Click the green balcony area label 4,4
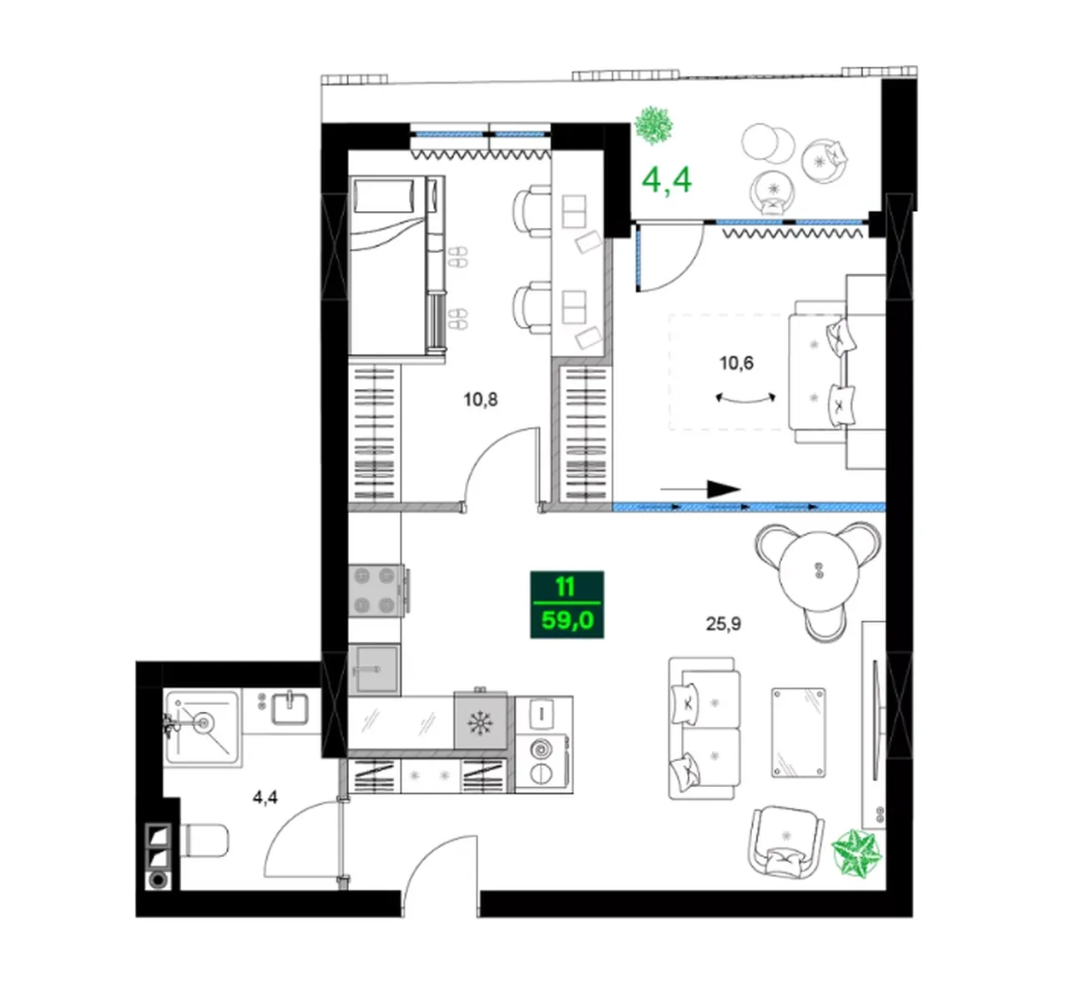point(666,180)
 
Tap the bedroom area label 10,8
point(480,400)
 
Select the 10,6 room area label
point(736,363)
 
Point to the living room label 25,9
point(723,623)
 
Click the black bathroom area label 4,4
point(265,797)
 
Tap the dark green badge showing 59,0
point(567,604)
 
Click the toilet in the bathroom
point(205,840)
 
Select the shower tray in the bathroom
point(202,728)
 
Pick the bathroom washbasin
point(290,709)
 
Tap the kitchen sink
point(374,670)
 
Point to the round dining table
point(818,571)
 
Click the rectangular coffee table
point(799,733)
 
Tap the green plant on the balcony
point(654,125)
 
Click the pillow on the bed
point(383,196)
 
